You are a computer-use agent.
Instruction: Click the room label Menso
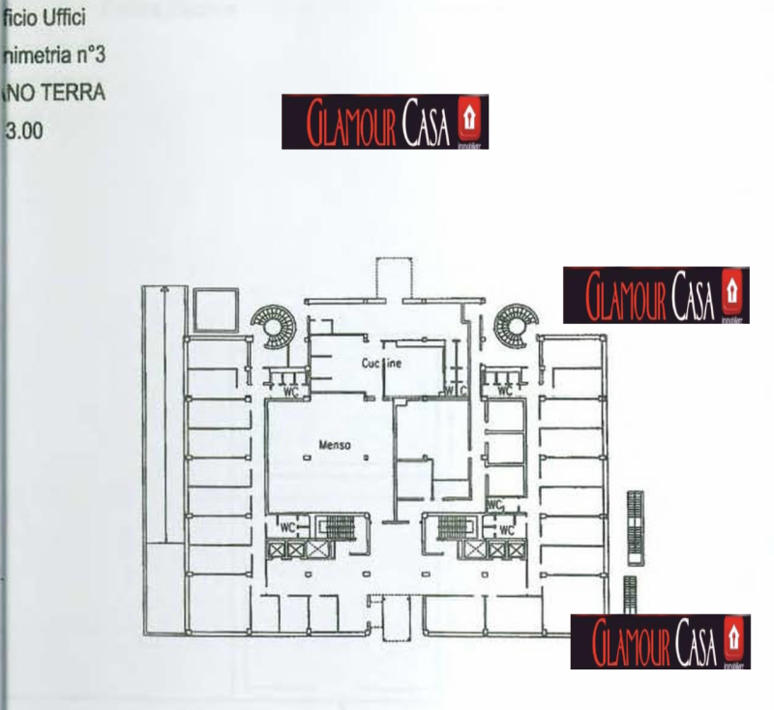334,445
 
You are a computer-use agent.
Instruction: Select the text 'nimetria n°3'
53,56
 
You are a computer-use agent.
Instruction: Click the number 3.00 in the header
23,131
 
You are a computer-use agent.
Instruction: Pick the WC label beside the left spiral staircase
288,393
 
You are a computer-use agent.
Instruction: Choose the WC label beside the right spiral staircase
504,392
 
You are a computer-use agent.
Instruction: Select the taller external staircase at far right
635,527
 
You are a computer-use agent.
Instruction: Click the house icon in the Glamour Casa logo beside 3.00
471,120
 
